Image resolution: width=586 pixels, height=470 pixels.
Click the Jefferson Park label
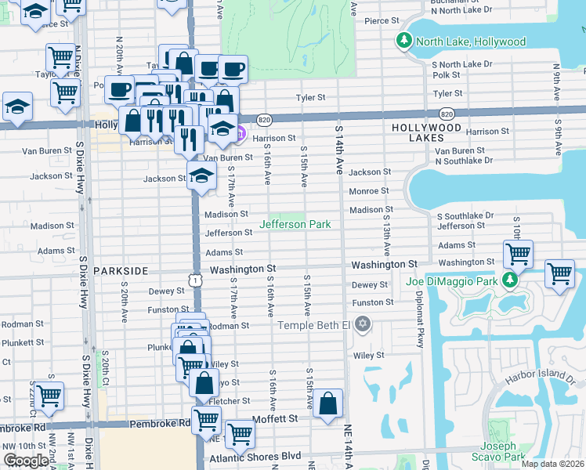click(295, 225)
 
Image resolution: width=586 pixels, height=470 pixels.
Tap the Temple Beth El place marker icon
click(362, 324)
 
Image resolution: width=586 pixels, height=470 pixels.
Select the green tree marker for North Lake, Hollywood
click(404, 41)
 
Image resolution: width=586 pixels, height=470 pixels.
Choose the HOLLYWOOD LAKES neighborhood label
click(426, 132)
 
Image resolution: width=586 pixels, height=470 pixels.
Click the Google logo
click(26, 460)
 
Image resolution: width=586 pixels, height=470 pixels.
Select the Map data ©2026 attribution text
click(552, 464)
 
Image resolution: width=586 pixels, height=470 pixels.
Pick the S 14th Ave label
click(339, 149)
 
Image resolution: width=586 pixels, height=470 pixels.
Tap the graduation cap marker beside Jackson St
click(201, 175)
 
